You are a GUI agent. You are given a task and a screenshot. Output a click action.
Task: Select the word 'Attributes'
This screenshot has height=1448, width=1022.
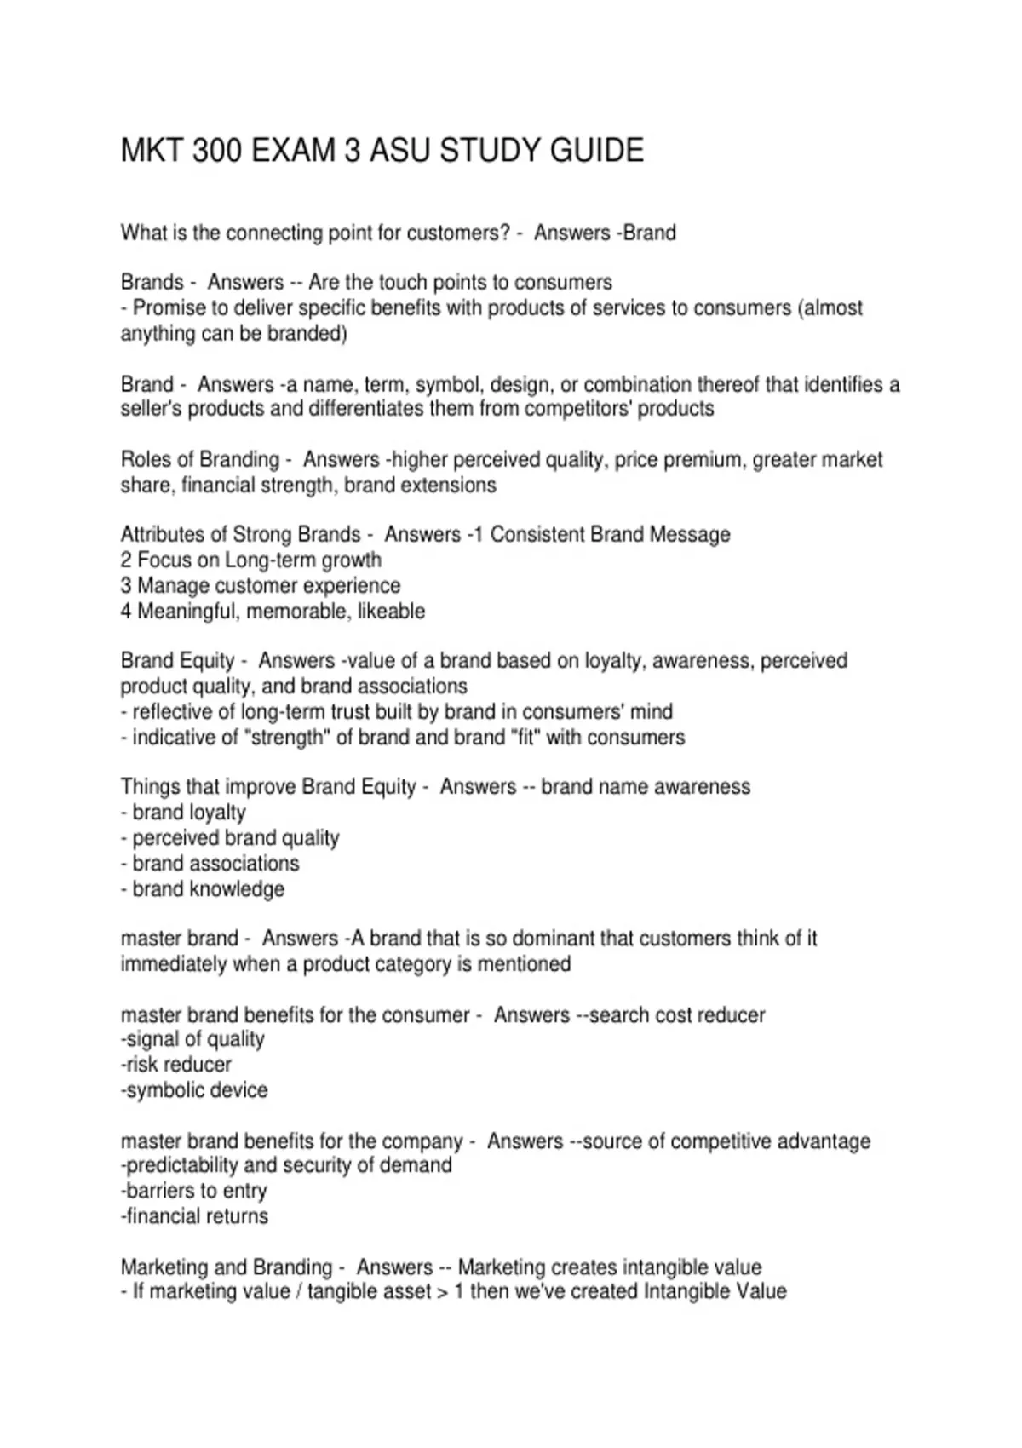point(162,535)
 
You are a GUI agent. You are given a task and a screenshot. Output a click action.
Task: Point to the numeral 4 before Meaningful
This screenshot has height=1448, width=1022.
point(126,612)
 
